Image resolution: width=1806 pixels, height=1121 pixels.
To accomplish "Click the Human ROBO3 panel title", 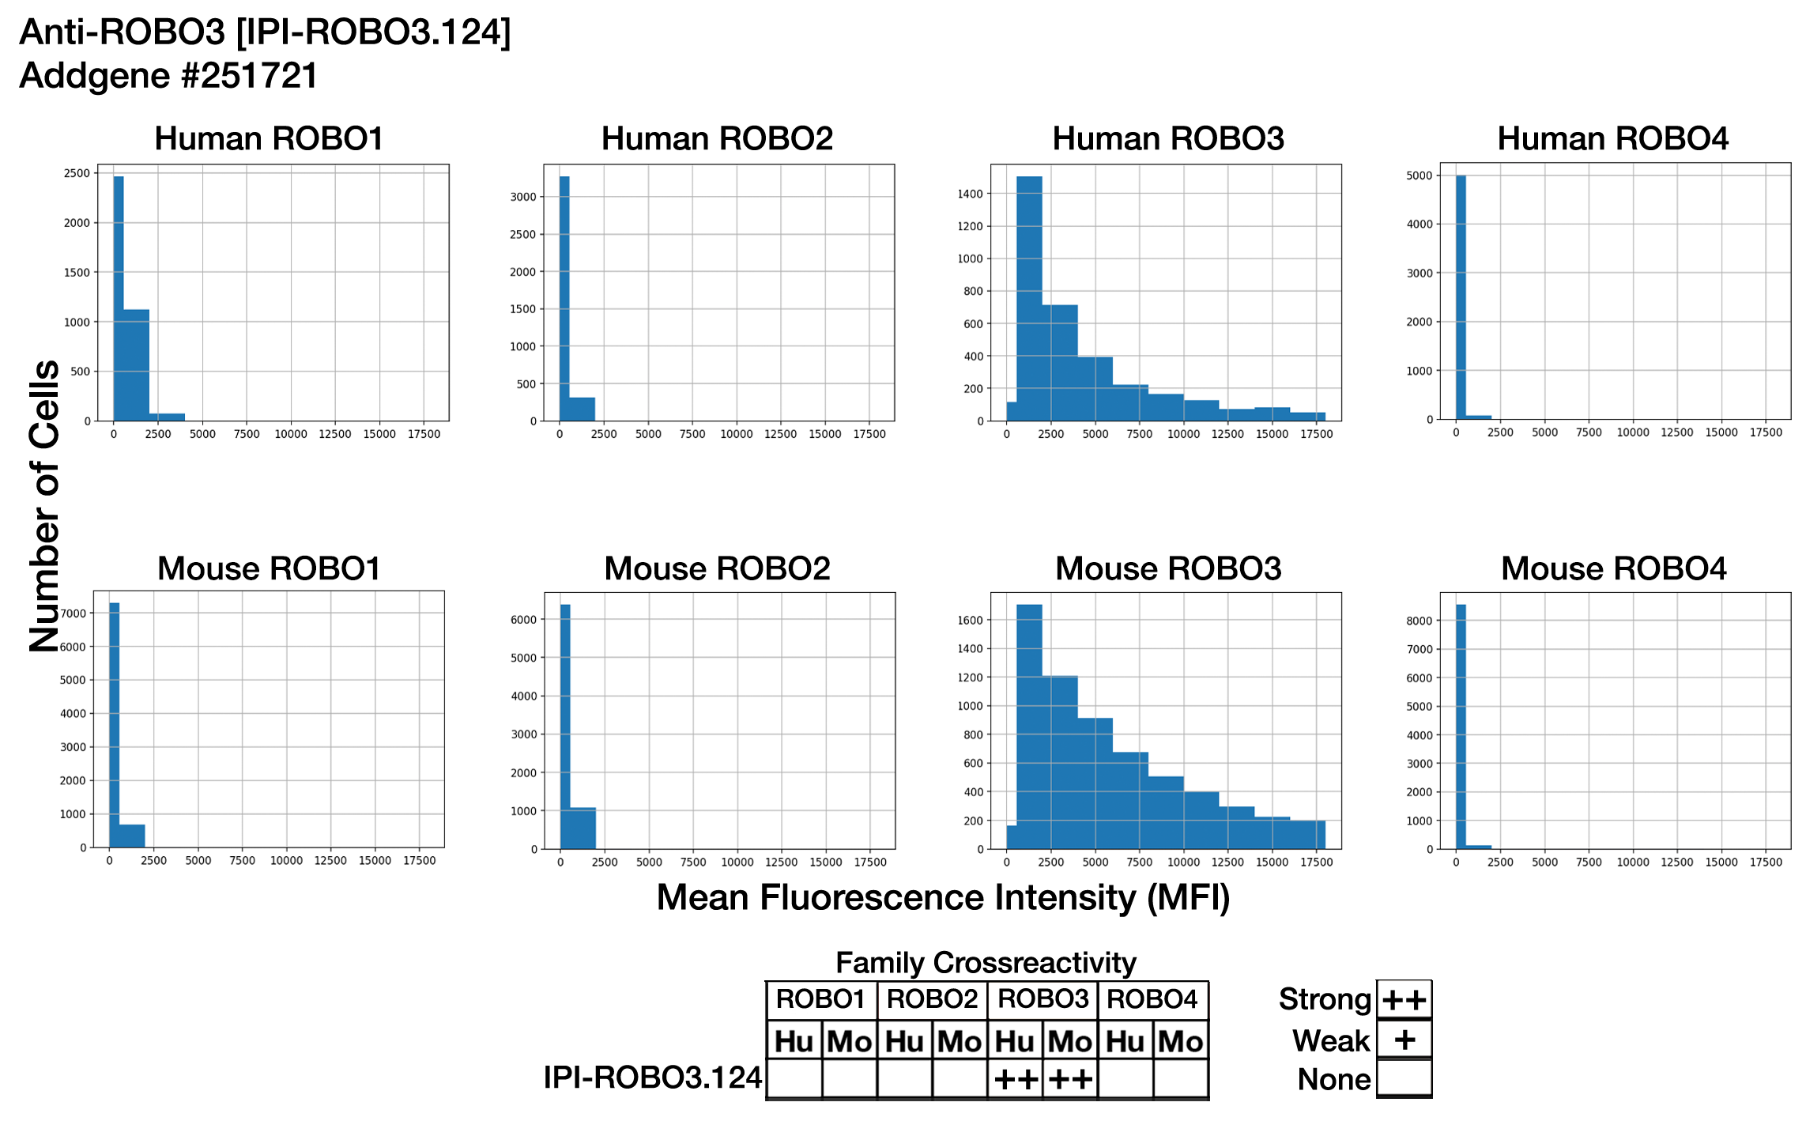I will click(x=1167, y=139).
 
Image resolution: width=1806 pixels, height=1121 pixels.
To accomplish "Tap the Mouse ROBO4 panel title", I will click(x=1613, y=569).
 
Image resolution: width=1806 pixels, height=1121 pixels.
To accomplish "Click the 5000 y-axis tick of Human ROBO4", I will click(x=1419, y=176).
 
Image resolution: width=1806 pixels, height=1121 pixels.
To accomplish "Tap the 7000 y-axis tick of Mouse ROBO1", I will click(x=74, y=613).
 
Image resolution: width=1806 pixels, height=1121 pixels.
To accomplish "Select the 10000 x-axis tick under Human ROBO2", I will click(x=736, y=434).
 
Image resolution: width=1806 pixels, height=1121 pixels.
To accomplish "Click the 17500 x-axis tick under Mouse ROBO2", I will click(x=870, y=862).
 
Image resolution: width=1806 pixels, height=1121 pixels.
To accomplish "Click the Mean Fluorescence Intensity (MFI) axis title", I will click(x=943, y=898).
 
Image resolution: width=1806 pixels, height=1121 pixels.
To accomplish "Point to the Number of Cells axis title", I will click(x=45, y=506).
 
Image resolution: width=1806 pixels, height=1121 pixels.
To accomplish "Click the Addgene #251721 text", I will click(x=168, y=77).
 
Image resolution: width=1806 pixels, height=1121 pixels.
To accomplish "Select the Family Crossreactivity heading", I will click(x=986, y=963).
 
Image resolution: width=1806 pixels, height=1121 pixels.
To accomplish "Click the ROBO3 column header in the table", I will click(x=1043, y=1000).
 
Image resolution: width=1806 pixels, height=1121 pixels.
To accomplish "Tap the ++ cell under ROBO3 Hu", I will click(x=1016, y=1079).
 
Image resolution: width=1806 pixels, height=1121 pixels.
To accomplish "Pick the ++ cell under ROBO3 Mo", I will click(x=1070, y=1079).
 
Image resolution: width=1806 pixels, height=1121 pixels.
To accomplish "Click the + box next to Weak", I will click(x=1404, y=1040).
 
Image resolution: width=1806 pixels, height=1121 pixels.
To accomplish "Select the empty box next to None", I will click(x=1404, y=1078).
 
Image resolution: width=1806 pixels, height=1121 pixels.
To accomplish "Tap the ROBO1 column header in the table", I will click(x=821, y=1000).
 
